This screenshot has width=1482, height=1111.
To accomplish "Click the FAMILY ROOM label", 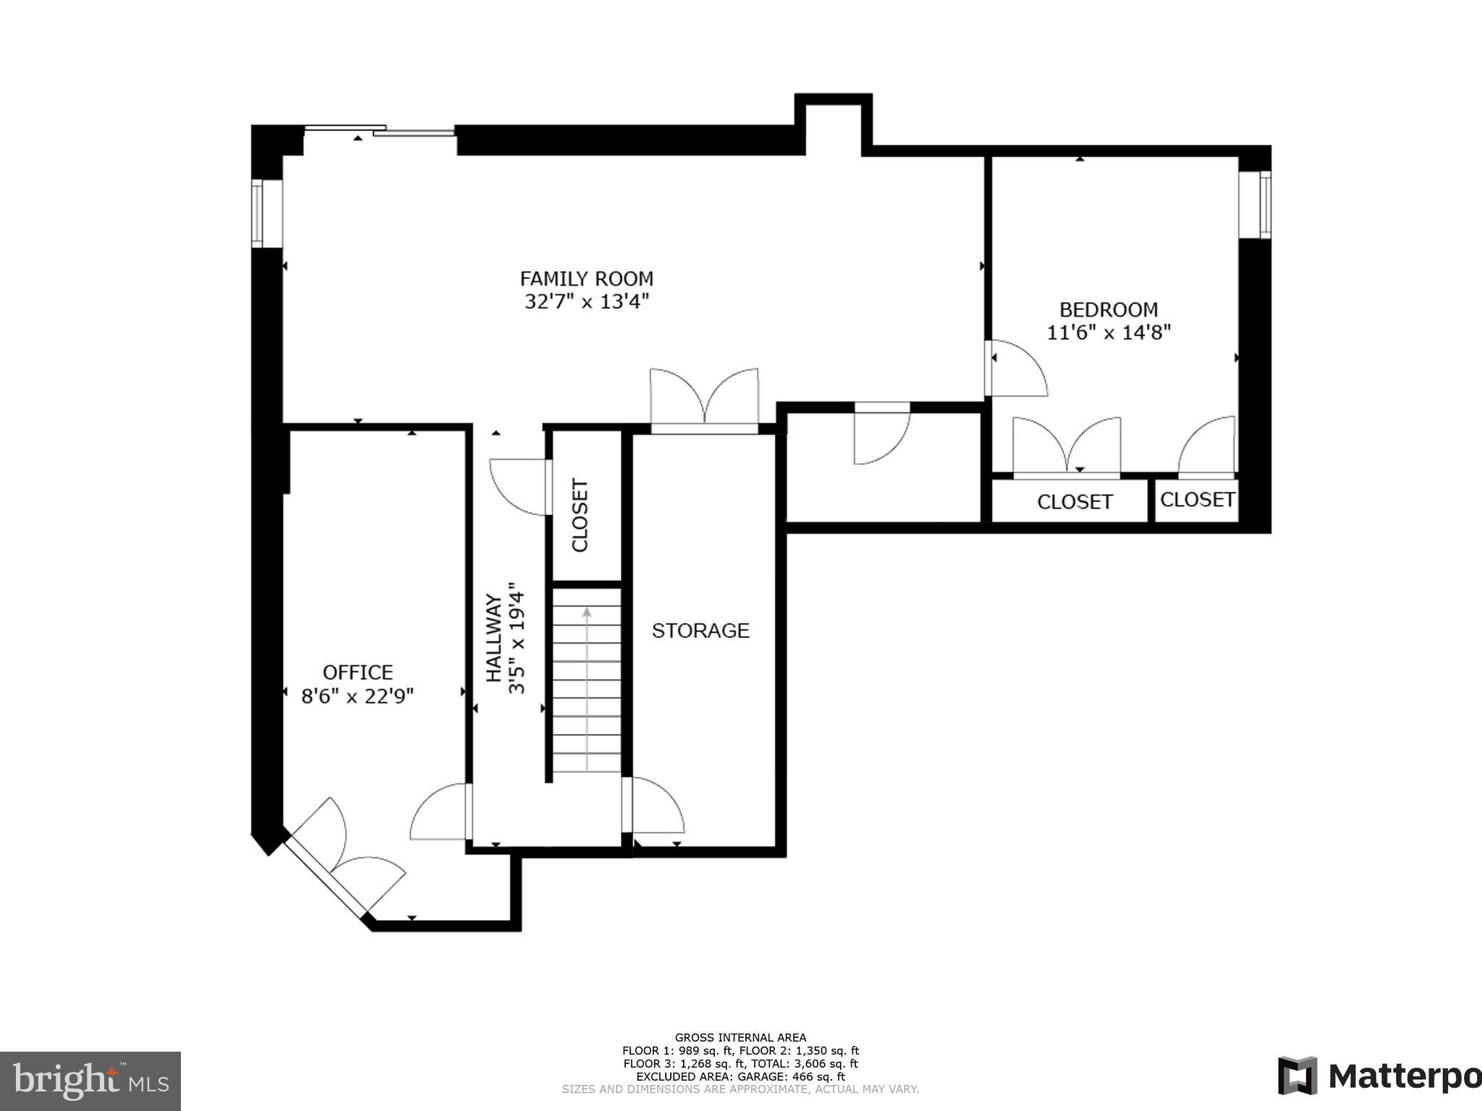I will point(586,278).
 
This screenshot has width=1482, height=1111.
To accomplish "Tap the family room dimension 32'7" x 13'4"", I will point(586,302).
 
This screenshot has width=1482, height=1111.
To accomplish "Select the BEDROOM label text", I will point(1108,310).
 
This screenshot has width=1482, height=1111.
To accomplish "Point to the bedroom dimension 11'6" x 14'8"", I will point(1108,333).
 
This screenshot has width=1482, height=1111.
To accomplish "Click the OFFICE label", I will point(357,673).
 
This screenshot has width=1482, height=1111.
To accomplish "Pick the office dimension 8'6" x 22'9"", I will point(357,697).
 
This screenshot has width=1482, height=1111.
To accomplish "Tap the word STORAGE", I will point(700,631).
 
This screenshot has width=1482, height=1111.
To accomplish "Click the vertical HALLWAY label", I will point(494,638).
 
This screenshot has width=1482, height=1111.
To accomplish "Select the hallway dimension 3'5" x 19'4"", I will point(516,638).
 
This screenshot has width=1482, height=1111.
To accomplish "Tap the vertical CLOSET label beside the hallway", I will point(580,514).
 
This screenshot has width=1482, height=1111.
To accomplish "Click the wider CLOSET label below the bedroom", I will point(1074,502).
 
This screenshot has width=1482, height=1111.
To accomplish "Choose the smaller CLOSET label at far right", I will point(1197,500).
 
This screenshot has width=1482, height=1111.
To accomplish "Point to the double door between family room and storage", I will point(704,401).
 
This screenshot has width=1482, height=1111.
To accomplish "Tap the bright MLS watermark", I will point(90,1081).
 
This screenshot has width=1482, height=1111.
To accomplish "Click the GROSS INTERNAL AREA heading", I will point(740,1037).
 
